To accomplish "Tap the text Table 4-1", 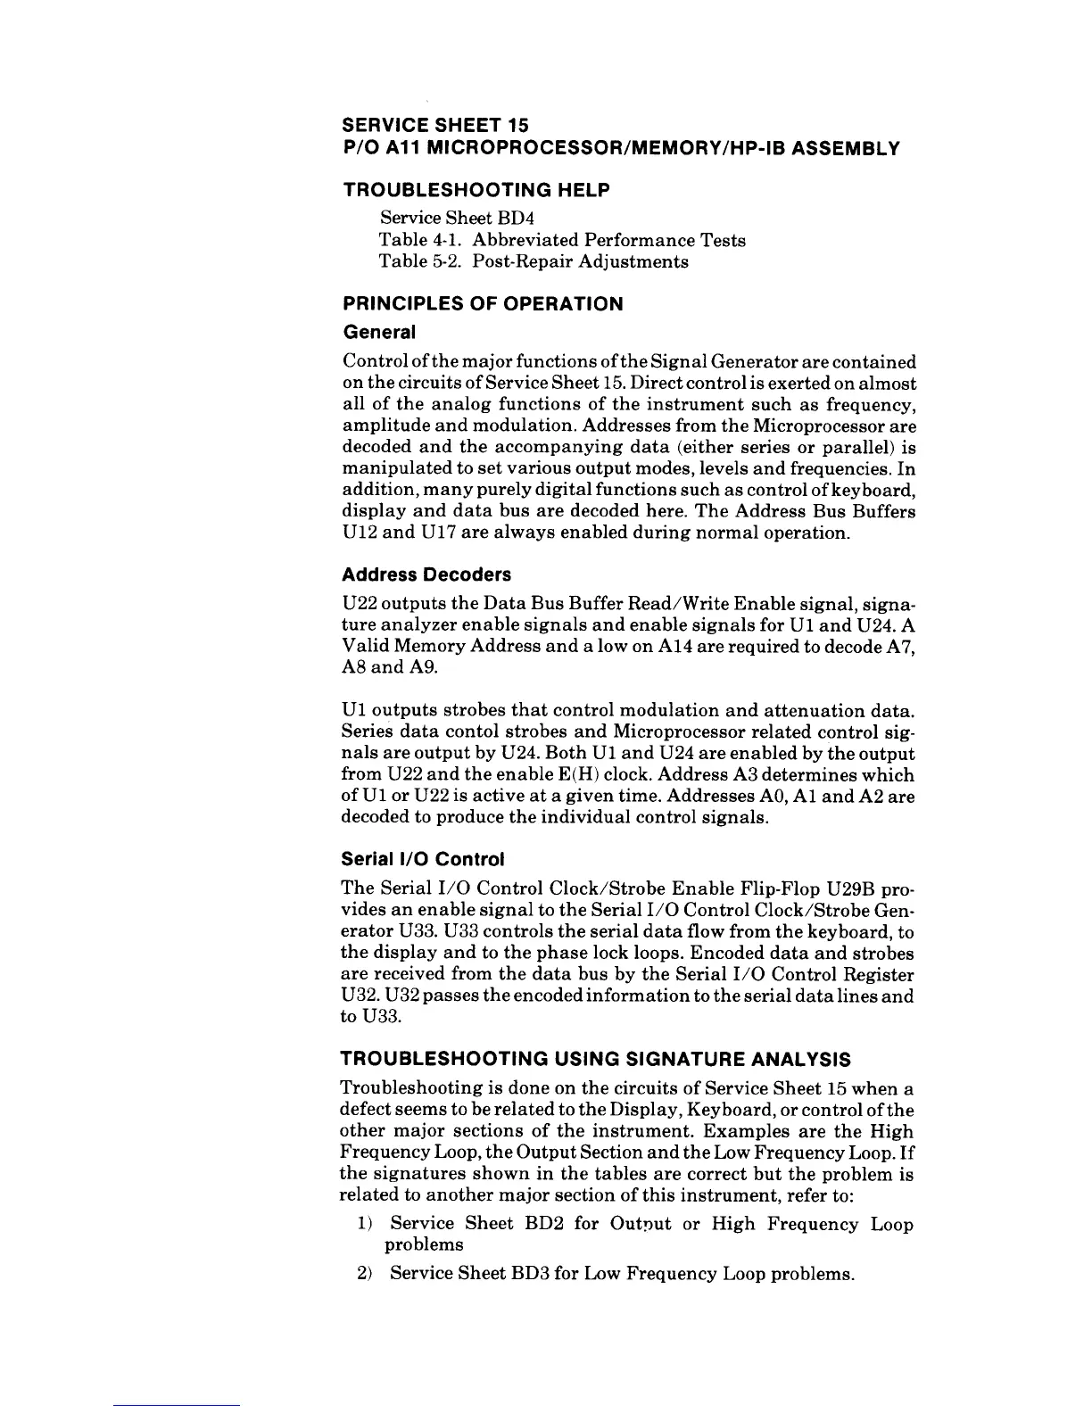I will coord(419,240).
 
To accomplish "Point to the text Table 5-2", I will coord(419,262).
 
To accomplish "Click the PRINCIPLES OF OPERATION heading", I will coord(483,303).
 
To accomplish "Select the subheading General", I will coord(379,333).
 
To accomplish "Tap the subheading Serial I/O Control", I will coord(423,860).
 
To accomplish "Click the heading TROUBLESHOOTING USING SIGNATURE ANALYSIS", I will coord(596,1060).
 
